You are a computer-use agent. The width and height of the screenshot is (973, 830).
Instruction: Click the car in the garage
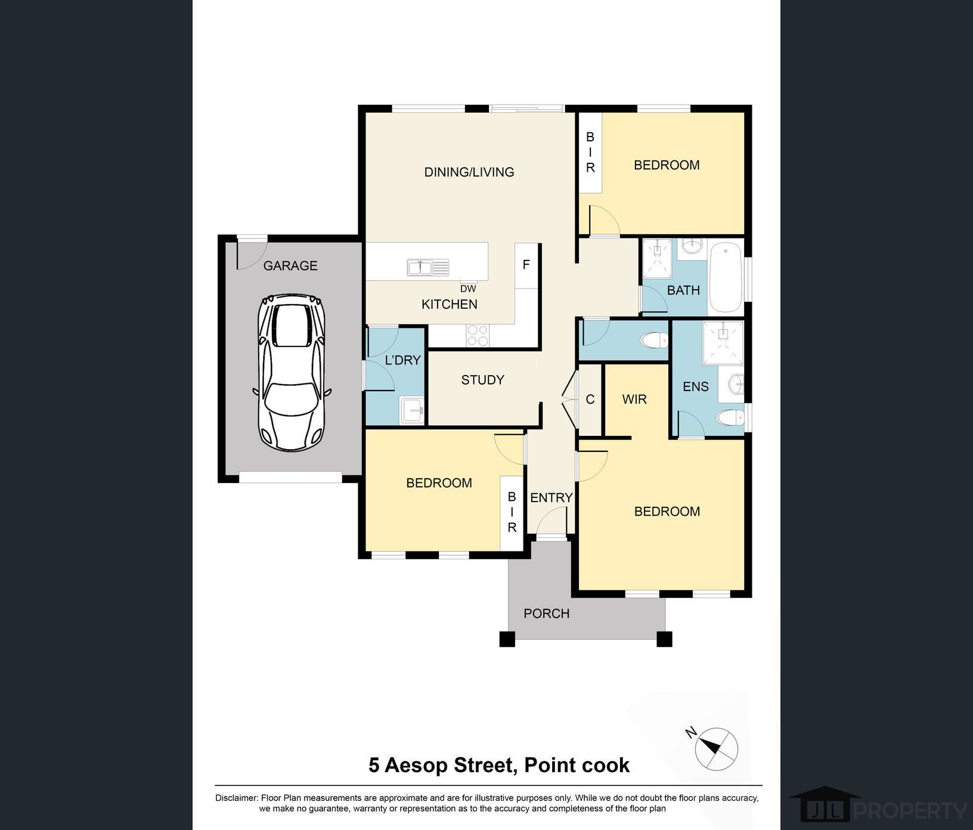[x=292, y=372]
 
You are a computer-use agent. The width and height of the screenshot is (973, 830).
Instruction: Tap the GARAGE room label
[x=290, y=266]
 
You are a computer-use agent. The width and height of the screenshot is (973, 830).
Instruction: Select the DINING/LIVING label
[x=469, y=172]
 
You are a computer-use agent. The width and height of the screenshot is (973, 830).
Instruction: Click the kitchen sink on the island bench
[x=428, y=267]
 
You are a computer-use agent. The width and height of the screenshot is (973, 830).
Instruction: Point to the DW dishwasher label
[x=468, y=289]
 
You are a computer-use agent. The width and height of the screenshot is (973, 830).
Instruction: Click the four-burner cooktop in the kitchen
[x=477, y=335]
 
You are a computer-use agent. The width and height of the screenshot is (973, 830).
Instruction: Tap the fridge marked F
[x=526, y=265]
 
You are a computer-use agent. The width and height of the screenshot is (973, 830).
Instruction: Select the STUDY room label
[x=483, y=380]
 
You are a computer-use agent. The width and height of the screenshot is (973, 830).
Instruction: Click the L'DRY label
[x=403, y=360]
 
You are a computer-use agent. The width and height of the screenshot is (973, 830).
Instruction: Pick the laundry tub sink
[x=412, y=410]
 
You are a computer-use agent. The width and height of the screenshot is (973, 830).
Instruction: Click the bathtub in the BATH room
[x=726, y=277]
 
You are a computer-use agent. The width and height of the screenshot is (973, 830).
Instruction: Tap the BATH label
[x=683, y=290]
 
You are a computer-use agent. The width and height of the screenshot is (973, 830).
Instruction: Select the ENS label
[x=696, y=386]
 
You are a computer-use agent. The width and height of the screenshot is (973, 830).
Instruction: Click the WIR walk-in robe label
[x=634, y=399]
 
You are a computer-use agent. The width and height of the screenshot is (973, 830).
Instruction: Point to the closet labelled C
[x=590, y=399]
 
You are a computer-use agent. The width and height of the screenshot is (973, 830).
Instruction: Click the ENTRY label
[x=551, y=497]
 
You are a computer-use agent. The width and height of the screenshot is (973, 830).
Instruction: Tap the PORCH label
[x=547, y=614]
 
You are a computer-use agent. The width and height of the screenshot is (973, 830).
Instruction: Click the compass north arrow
[x=709, y=745]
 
